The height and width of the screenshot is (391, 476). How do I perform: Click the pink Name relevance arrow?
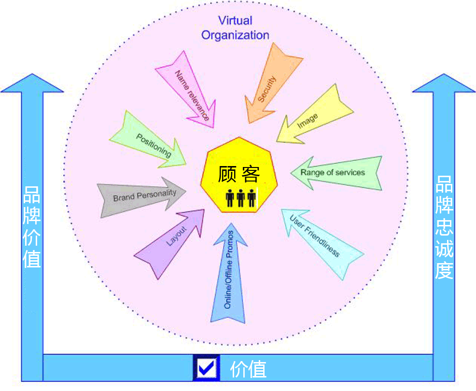tap(190, 91)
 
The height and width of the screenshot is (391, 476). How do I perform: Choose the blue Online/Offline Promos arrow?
tap(229, 273)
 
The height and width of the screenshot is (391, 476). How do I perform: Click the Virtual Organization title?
tap(235, 28)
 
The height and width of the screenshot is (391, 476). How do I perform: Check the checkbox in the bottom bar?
tap(207, 368)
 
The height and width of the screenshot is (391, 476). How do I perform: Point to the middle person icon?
tap(241, 198)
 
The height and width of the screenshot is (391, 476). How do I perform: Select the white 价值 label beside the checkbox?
tap(248, 369)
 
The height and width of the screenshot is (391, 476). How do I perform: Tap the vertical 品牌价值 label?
tap(32, 227)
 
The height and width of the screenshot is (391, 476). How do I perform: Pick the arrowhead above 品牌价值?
tap(32, 83)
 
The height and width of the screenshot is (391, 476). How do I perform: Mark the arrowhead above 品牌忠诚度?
tap(444, 83)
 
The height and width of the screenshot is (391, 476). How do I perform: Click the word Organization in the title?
tap(235, 35)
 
